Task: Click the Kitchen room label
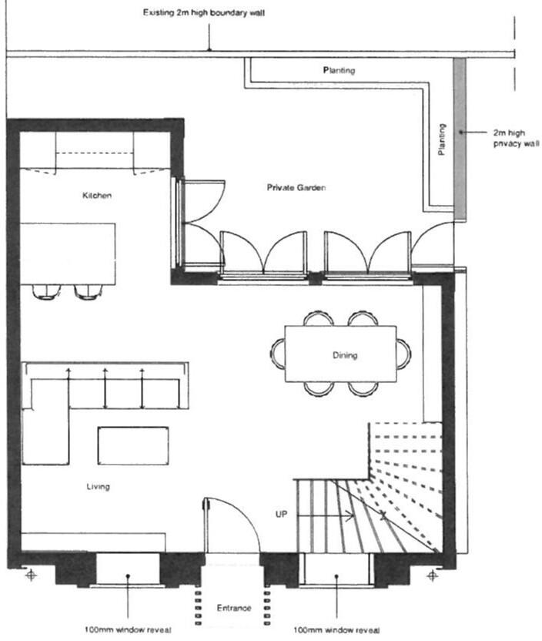pos(97,196)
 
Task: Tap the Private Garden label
pos(293,187)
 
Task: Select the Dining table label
pos(345,355)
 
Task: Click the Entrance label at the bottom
pos(233,609)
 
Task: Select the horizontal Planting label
pos(339,71)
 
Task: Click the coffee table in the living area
pos(133,445)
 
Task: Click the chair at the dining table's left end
pos(276,354)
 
